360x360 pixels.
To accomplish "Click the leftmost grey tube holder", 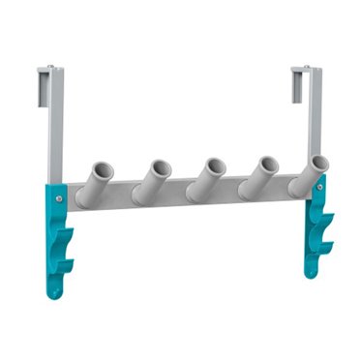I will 97,179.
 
